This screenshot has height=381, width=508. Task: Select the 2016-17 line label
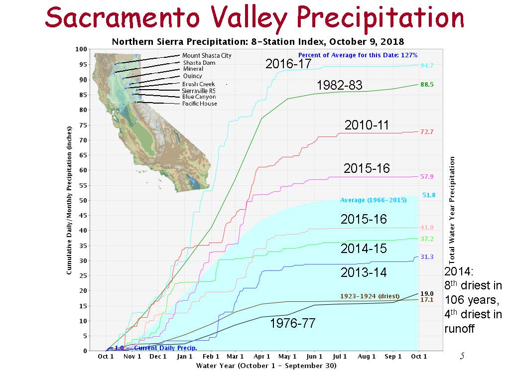289,63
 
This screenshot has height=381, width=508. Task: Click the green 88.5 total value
427,85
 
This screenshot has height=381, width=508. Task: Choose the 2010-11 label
367,125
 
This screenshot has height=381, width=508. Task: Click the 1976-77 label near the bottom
292,323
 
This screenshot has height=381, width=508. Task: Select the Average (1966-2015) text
373,200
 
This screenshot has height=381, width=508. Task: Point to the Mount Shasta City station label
207,55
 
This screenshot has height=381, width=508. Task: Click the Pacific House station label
199,104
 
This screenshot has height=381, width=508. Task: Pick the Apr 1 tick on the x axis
262,356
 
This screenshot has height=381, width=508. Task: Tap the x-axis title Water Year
266,366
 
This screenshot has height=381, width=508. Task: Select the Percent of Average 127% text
358,55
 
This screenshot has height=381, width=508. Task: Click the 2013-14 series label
364,272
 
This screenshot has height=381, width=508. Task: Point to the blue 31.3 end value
427,257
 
